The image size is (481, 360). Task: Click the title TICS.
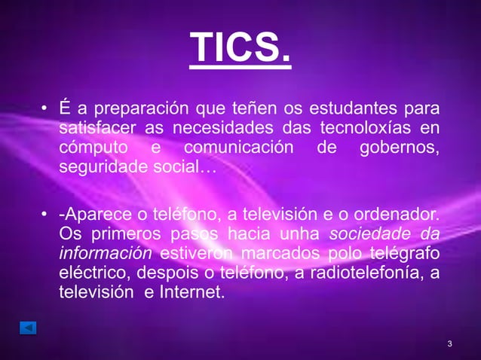[x=239, y=49]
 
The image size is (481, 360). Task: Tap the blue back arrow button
[x=28, y=328]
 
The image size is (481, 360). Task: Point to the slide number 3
[x=449, y=344]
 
